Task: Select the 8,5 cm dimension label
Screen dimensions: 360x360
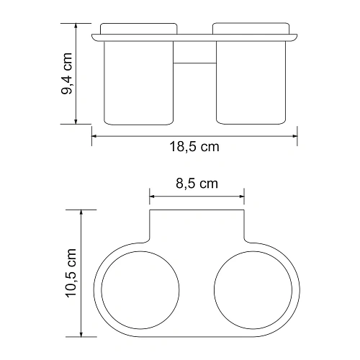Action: (x=197, y=184)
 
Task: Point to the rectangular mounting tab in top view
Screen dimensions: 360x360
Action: (x=197, y=227)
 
